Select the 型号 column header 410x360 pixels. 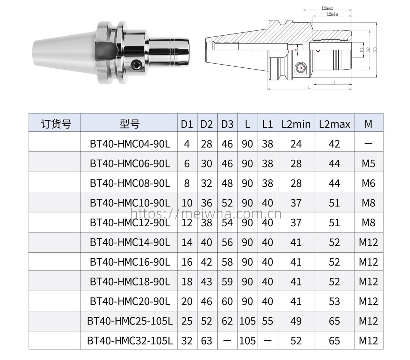pos(129,123)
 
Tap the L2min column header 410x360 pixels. pos(296,123)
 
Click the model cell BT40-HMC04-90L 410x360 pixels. pos(129,144)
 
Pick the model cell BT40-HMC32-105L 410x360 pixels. pos(129,341)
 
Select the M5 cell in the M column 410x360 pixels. pos(368,163)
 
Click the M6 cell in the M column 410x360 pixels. pos(368,183)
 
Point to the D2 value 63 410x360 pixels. pos(206,341)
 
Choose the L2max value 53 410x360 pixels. pos(334,301)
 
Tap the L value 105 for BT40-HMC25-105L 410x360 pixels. pos(247,321)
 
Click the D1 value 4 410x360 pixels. pos(187,144)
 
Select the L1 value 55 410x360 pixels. pos(268,321)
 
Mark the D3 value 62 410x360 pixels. pos(227,321)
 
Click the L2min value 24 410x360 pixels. pos(296,144)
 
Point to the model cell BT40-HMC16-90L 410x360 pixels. pos(129,262)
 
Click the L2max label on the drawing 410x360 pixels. pos(327,8)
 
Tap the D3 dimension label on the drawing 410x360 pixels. pos(375,50)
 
